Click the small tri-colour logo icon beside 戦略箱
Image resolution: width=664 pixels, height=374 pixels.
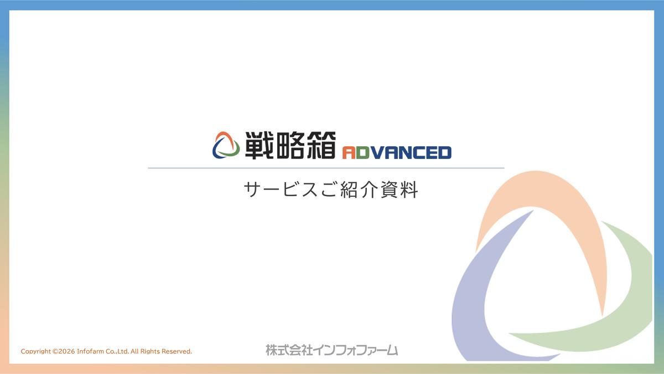point(226,145)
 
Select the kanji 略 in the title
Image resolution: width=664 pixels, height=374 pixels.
point(291,145)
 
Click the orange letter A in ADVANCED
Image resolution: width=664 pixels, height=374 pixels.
point(349,152)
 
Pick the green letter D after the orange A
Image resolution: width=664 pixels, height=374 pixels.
point(362,152)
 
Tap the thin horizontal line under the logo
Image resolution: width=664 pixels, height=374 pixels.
point(326,168)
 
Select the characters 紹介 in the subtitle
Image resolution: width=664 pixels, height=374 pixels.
point(359,189)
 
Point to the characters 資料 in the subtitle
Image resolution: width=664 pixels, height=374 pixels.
point(399,189)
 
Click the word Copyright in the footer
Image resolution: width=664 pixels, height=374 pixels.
point(35,351)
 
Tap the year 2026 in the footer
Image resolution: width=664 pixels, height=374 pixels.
point(67,351)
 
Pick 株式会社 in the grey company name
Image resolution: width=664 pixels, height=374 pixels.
point(289,350)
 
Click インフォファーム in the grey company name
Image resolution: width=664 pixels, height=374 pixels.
point(355,350)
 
